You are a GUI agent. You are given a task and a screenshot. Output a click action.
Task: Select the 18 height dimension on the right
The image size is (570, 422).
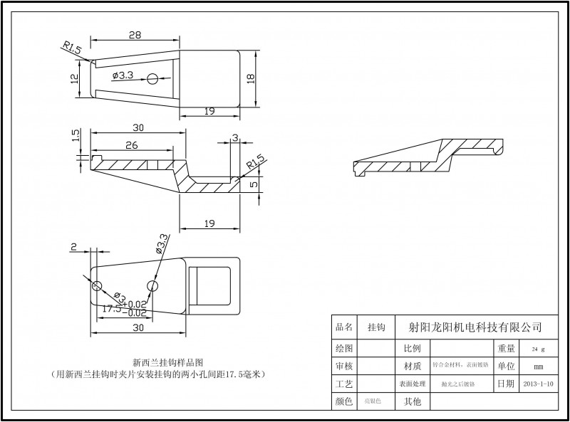[250, 79]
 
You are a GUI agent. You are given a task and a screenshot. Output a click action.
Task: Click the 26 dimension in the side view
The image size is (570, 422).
[131, 146]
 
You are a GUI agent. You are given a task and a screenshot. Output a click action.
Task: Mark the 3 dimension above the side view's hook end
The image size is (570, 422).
[235, 139]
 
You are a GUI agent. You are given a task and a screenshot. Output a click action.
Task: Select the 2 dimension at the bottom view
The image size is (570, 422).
[73, 247]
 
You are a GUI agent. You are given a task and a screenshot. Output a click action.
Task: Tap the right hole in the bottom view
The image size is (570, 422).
[152, 286]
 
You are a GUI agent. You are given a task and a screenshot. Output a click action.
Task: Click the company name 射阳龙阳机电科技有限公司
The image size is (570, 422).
[475, 327]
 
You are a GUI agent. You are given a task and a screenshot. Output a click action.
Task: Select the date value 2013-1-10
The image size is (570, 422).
[538, 384]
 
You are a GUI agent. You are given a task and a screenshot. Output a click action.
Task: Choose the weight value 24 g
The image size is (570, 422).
[538, 349]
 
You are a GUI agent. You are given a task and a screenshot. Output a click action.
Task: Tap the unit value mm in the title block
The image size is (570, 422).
[538, 366]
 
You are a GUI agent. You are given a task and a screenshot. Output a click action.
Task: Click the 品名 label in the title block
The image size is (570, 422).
[344, 327]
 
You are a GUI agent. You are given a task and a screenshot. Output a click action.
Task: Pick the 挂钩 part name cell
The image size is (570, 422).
[376, 327]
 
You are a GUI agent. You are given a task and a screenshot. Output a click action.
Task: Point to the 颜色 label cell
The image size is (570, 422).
[344, 402]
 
